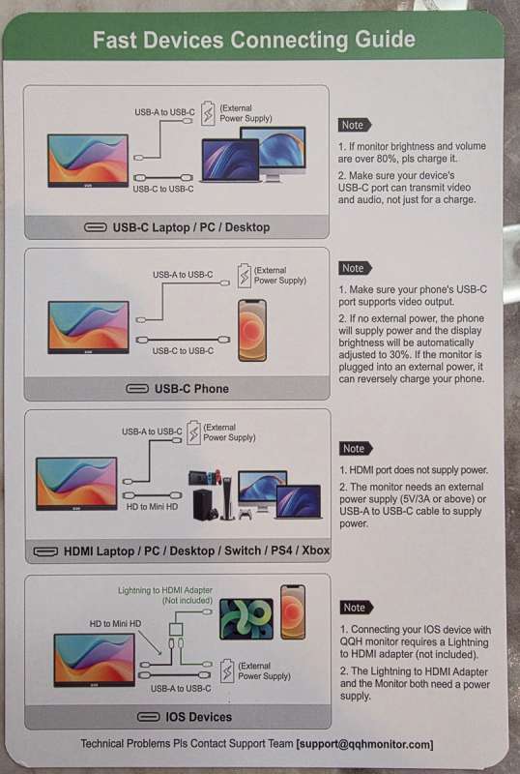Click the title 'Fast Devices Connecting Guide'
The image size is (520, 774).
click(254, 40)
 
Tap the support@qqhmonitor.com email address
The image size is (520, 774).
click(364, 744)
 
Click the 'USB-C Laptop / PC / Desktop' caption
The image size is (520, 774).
click(191, 227)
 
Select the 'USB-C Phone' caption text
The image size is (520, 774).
click(192, 389)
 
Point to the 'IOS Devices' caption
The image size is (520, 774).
click(199, 717)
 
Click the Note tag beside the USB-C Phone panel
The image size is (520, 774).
click(355, 268)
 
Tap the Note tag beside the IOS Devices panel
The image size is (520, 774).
click(357, 608)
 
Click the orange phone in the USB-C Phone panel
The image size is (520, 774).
click(252, 330)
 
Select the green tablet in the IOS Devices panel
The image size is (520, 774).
click(246, 619)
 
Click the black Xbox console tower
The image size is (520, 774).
click(204, 504)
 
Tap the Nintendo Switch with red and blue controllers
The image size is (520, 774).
click(205, 478)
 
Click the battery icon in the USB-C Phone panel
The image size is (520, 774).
click(245, 276)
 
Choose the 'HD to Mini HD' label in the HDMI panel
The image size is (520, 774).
click(152, 506)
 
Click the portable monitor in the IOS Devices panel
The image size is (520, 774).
click(94, 661)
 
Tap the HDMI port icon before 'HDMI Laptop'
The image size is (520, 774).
click(45, 551)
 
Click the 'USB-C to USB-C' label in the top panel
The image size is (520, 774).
click(163, 189)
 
